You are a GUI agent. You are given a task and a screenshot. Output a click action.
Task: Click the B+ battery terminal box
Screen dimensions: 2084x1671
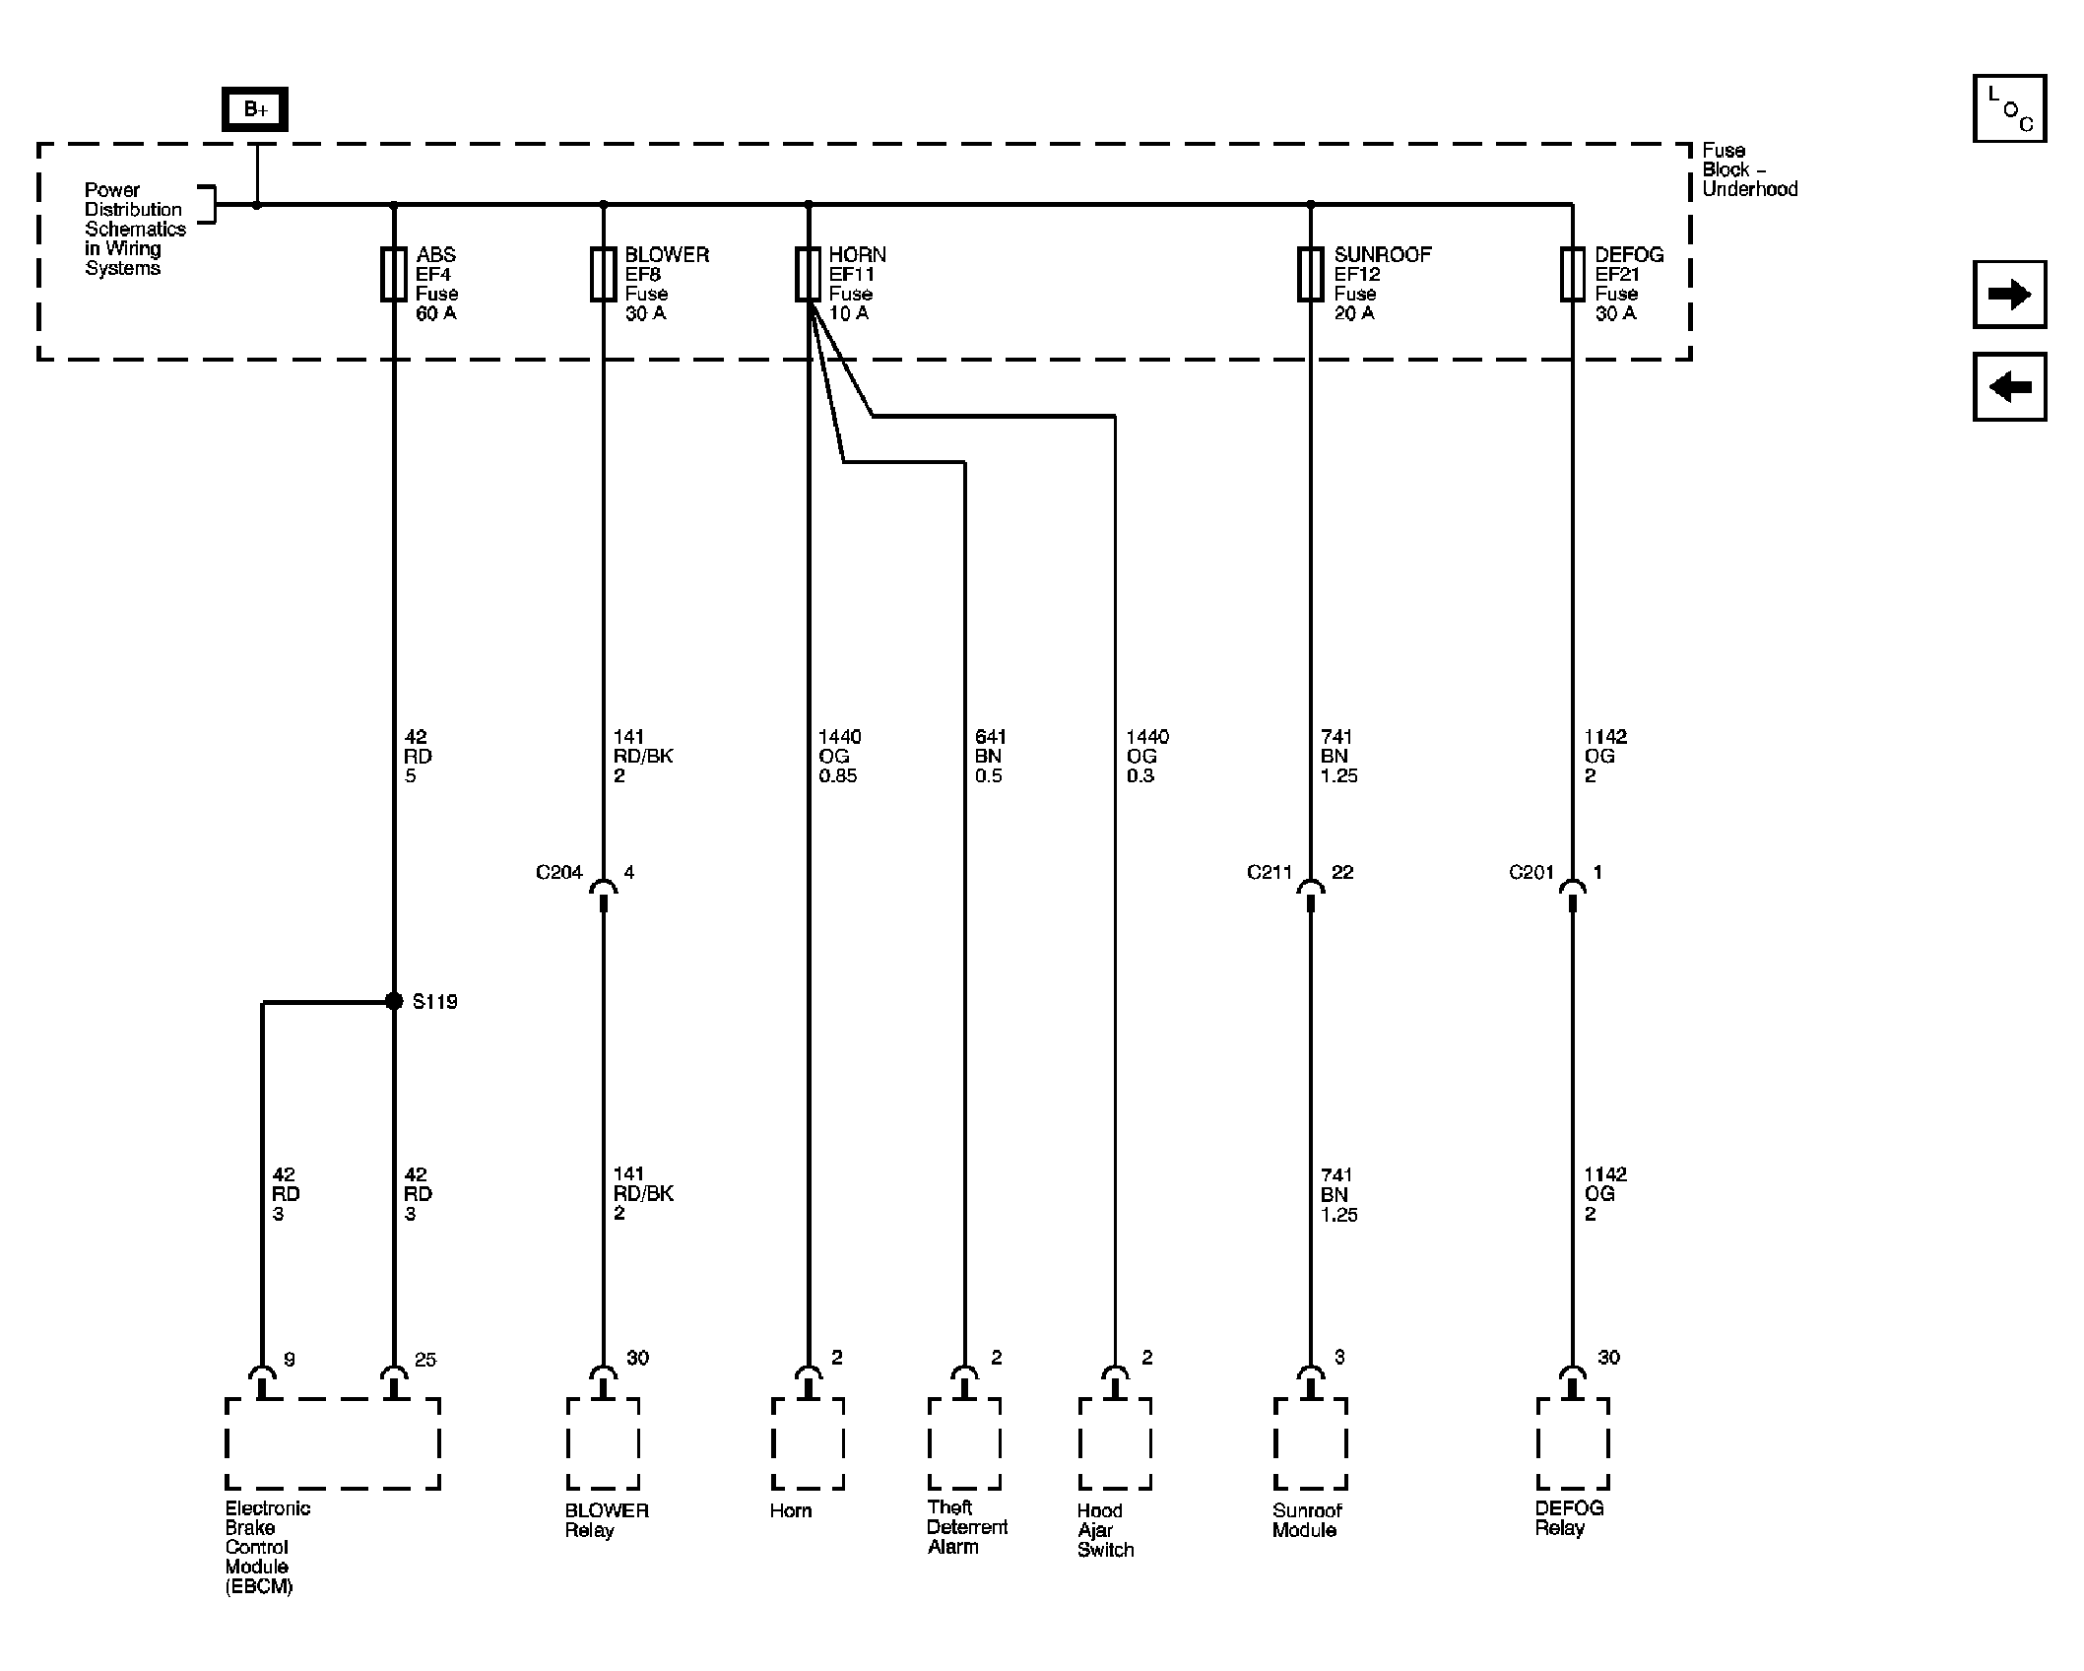pos(255,109)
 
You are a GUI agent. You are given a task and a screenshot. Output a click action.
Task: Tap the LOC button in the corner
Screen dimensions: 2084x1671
pos(2009,108)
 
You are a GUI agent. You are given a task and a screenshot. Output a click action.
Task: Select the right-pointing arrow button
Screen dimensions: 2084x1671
pos(2009,295)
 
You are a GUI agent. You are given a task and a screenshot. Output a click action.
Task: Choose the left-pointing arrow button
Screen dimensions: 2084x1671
pos(2009,386)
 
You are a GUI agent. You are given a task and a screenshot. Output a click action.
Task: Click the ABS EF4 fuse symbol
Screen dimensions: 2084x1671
pos(394,274)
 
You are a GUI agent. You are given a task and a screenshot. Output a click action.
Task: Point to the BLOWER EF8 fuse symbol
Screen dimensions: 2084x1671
pos(604,274)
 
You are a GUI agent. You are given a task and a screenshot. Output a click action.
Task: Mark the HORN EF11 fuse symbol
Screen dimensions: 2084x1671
pos(809,274)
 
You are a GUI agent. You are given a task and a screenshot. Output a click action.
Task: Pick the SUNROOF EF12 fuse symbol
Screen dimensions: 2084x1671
pos(1311,274)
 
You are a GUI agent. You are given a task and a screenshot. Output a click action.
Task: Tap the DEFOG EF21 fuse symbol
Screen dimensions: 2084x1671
pos(1572,274)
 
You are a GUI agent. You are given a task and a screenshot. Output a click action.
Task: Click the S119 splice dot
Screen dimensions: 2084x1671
pos(394,1001)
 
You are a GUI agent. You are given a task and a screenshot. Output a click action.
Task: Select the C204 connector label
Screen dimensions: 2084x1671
pos(558,872)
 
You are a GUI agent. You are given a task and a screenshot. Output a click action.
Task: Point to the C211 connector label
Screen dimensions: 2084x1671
pos(1269,872)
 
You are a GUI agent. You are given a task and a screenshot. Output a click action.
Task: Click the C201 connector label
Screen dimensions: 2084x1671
pos(1531,872)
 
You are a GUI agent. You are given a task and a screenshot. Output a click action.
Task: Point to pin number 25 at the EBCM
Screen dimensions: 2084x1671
pos(424,1360)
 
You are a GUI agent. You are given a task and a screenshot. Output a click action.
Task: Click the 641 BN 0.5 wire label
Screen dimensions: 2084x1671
pos(990,756)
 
